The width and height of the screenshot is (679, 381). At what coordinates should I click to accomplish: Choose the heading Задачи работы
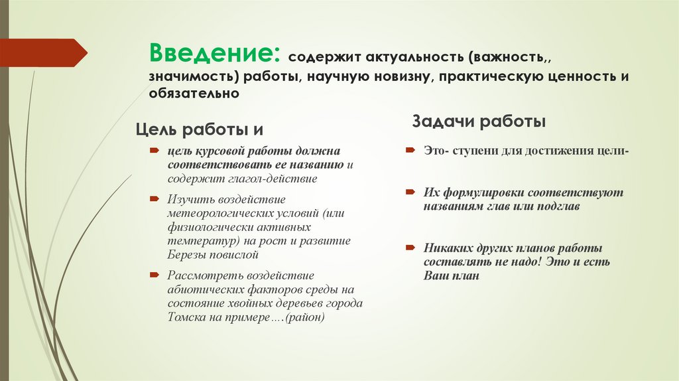479,121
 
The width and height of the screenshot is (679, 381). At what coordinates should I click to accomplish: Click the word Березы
186,254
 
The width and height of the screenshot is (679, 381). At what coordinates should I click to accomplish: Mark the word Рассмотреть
202,275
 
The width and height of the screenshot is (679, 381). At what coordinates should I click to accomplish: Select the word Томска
186,317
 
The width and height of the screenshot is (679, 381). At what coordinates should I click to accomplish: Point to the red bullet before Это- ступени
410,151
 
